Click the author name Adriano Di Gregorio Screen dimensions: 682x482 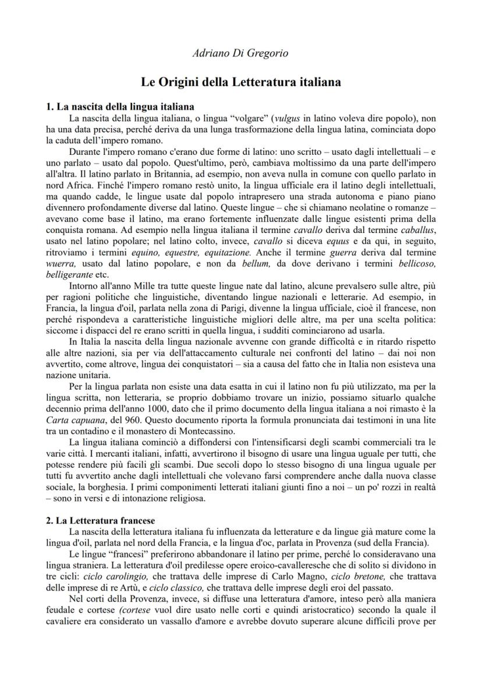pos(240,54)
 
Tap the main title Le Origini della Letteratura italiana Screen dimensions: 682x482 pos(241,82)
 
